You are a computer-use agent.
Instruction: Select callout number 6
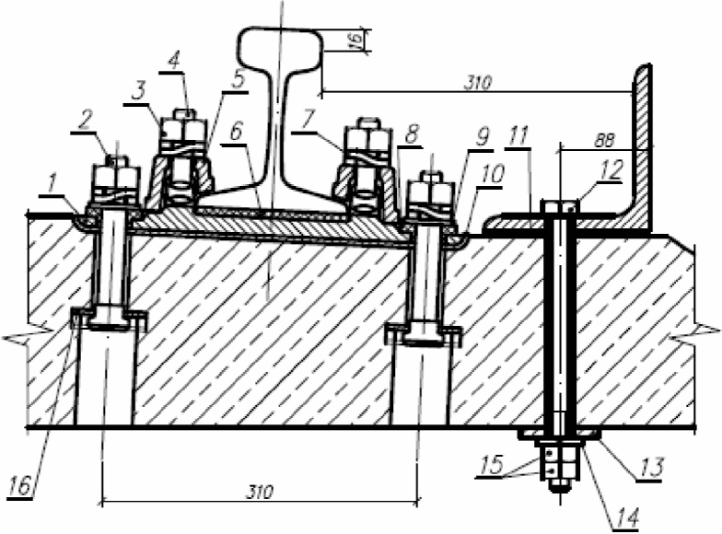(x=236, y=133)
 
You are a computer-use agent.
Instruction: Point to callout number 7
(x=308, y=120)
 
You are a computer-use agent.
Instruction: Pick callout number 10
(x=493, y=174)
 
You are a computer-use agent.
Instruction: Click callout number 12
(x=611, y=169)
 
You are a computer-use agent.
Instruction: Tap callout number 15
(x=492, y=465)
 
